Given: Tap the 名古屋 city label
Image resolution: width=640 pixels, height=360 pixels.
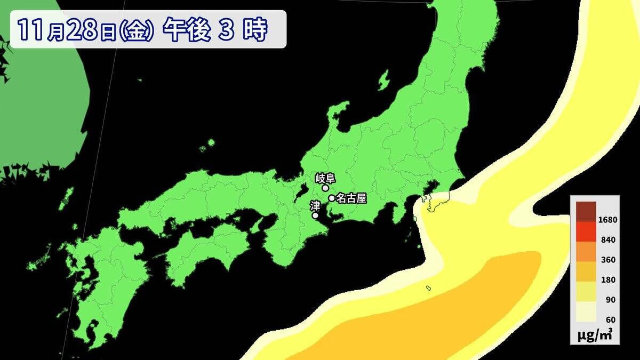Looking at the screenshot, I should (351, 198).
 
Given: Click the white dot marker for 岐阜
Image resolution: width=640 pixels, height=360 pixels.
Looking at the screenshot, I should (325, 188).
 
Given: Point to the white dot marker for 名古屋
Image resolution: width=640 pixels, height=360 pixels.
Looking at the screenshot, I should (332, 198).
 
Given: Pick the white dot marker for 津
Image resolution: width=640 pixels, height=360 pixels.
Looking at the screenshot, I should (315, 215).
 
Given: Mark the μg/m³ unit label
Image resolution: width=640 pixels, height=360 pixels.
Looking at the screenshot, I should (594, 335).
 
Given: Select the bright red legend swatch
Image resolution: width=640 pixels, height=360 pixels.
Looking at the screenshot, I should (586, 231).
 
